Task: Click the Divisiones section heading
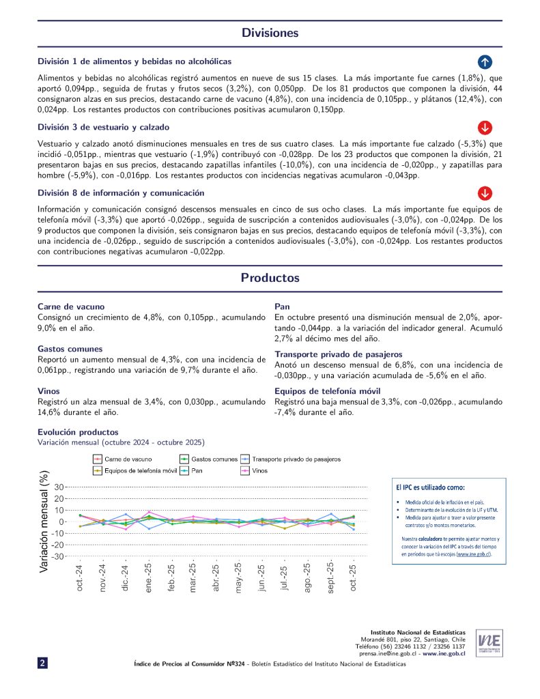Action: (270, 33)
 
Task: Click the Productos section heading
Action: (270, 278)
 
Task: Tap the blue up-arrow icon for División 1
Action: (485, 61)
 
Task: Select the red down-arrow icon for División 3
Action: (485, 127)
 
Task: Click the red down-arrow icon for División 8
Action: (485, 192)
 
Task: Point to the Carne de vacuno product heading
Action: (71, 306)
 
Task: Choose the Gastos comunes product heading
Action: (70, 349)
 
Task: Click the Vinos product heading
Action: (49, 391)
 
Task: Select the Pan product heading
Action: (283, 306)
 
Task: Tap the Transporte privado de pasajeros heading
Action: (339, 354)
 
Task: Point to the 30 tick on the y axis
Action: (58, 487)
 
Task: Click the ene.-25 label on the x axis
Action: (148, 577)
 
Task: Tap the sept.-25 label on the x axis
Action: (330, 579)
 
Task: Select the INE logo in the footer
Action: (490, 642)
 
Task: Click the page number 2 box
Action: (42, 662)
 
